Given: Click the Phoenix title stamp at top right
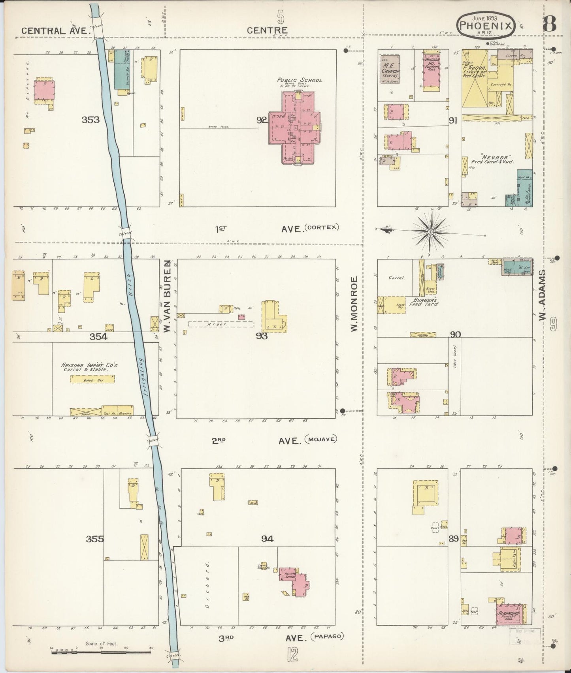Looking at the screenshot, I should [x=486, y=26].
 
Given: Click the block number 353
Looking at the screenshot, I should [x=90, y=120].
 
